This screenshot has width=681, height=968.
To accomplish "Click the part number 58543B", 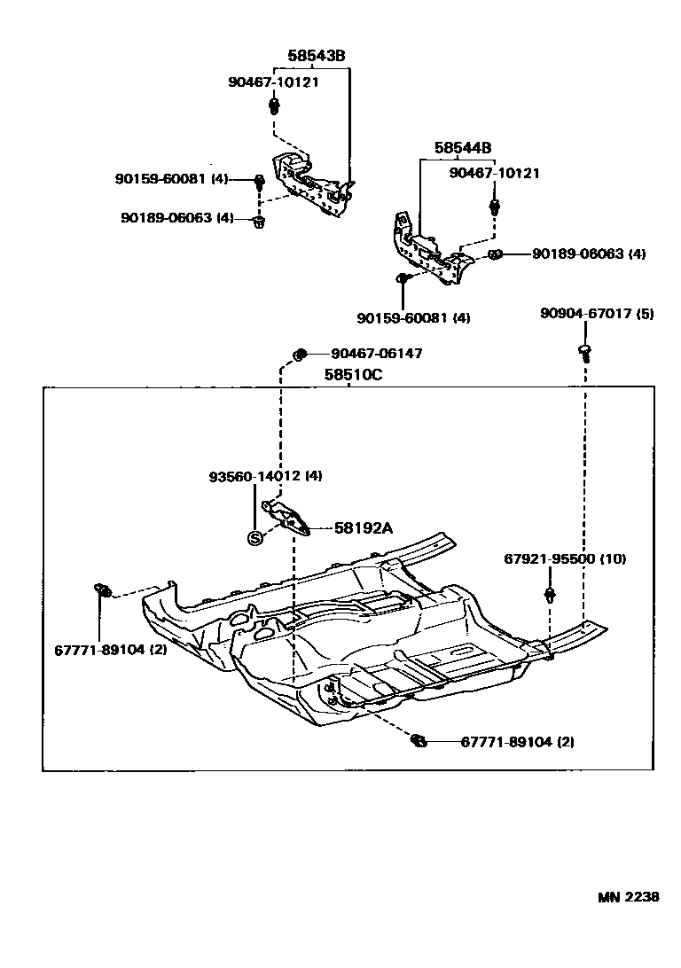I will [x=316, y=56].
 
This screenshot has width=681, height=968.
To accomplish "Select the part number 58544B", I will [x=463, y=148].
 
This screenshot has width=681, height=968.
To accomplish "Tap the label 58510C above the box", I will [x=352, y=375].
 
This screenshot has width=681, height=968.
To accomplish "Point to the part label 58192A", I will [x=364, y=528].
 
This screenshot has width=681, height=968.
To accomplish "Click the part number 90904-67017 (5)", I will [x=597, y=313].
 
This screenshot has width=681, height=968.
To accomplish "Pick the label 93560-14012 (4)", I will [x=265, y=476].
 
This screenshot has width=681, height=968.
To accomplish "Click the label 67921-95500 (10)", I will [x=565, y=559].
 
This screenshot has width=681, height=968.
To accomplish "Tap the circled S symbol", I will [x=255, y=537].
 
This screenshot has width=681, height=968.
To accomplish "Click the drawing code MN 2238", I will [x=627, y=896].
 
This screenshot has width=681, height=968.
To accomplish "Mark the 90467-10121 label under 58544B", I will [x=494, y=174].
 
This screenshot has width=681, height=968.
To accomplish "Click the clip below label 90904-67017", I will [x=585, y=351].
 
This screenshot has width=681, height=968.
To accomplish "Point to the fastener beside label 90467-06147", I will [x=300, y=355].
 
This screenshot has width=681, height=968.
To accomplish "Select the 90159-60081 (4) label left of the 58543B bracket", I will [x=172, y=179].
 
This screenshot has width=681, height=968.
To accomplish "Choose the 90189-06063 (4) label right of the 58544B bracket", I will [x=589, y=254].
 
